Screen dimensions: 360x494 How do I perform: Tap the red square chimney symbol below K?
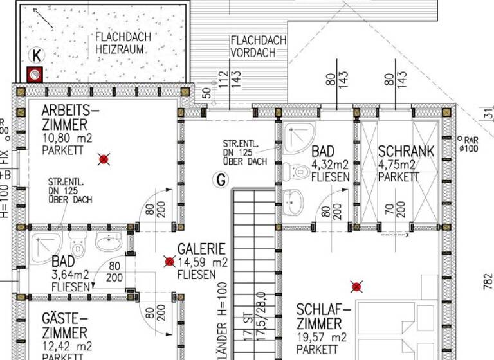(34, 75)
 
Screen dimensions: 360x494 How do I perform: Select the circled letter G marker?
(221, 181)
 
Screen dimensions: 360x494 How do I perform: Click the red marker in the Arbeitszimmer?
(104, 159)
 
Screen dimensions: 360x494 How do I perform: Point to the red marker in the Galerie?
(170, 261)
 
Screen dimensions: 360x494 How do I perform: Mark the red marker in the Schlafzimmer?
(357, 286)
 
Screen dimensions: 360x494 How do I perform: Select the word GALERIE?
(201, 249)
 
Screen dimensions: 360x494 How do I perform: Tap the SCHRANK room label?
(406, 152)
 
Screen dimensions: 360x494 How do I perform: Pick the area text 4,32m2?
(331, 165)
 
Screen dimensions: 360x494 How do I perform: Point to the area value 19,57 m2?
(322, 337)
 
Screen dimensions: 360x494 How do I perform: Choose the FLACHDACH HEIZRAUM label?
(123, 43)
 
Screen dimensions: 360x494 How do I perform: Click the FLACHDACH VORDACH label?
(259, 47)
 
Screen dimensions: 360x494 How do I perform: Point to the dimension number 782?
(488, 281)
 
